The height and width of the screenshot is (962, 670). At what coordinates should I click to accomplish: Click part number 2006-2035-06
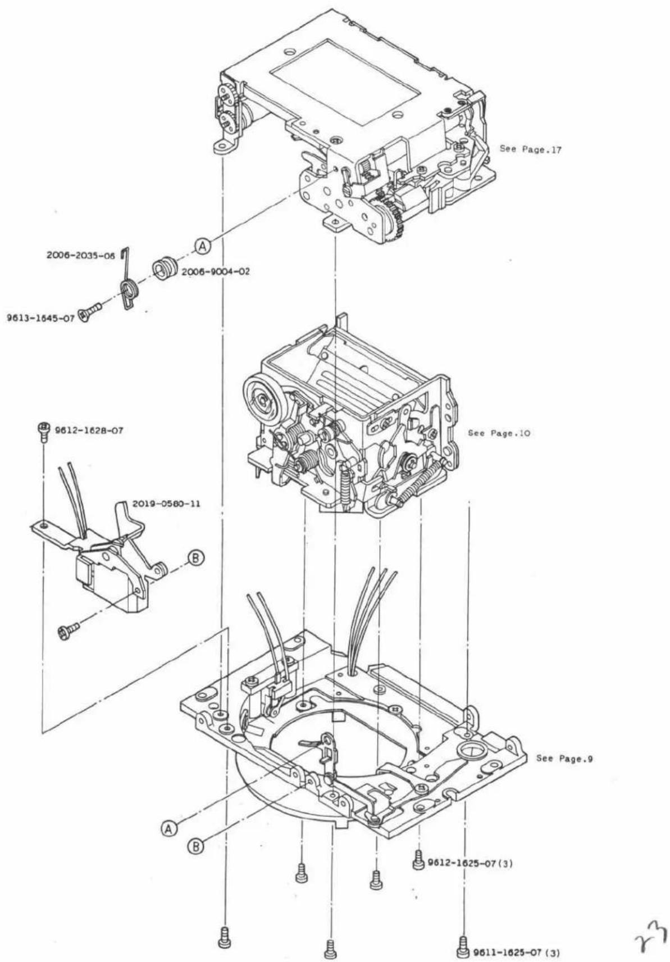[x=81, y=256]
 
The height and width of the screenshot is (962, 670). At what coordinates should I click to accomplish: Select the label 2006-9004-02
[x=216, y=272]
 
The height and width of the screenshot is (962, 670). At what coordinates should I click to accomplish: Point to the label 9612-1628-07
[x=88, y=430]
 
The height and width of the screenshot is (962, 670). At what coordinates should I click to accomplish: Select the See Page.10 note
[x=499, y=433]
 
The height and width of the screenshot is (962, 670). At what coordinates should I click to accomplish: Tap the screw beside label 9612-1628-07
[x=43, y=431]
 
